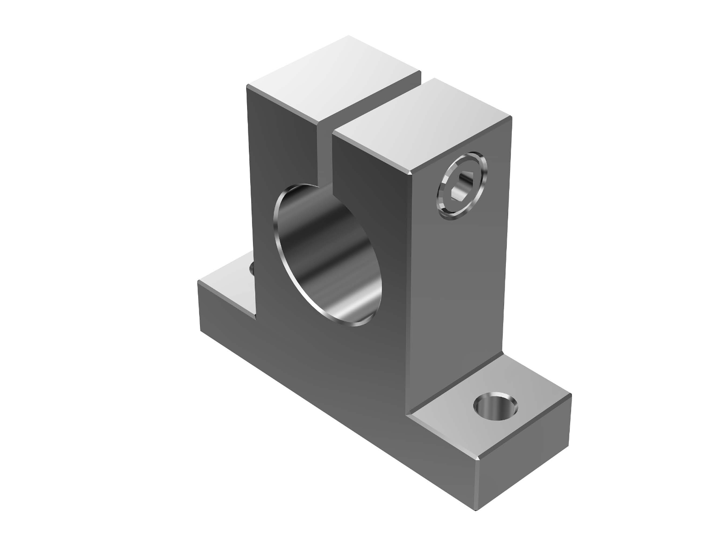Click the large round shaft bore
click(328, 256)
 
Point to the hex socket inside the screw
click(462, 187)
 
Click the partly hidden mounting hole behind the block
click(252, 270)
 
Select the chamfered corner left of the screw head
click(411, 172)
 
